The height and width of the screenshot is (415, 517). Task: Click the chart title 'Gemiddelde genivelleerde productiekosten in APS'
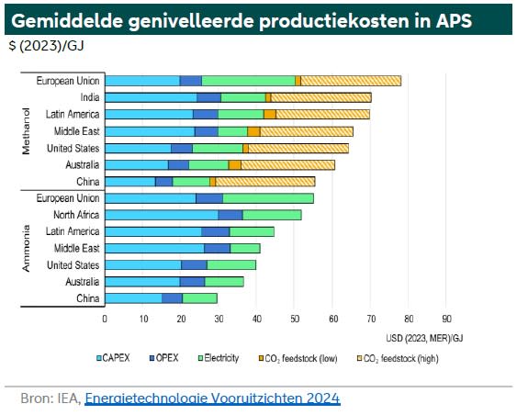click(x=242, y=21)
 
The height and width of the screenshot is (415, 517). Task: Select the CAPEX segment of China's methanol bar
click(x=130, y=182)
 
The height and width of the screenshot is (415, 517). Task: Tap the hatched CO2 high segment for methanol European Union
click(x=351, y=81)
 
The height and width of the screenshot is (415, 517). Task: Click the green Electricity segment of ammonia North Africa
click(x=272, y=215)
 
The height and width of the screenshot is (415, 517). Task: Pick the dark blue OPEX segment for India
click(x=208, y=97)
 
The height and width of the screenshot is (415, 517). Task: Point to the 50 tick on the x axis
click(x=295, y=319)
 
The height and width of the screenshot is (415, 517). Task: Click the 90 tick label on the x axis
click(x=446, y=319)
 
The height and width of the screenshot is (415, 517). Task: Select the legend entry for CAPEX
click(x=113, y=358)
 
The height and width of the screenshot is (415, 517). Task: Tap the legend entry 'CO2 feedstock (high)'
click(x=398, y=358)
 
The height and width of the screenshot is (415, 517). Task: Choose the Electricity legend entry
click(x=219, y=358)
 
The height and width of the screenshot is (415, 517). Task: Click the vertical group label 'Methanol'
click(x=26, y=131)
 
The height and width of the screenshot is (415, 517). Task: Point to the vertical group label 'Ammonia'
click(x=26, y=248)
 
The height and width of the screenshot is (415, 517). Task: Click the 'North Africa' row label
click(x=76, y=215)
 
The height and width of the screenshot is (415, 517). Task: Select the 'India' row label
click(x=90, y=97)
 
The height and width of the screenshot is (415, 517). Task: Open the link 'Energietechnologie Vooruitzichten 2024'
click(x=212, y=398)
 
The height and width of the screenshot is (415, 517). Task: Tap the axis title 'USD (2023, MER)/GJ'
click(x=424, y=338)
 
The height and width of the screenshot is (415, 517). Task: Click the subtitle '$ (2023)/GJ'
click(x=46, y=46)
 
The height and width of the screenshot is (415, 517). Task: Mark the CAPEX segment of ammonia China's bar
click(x=133, y=298)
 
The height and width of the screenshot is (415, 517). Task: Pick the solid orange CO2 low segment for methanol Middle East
click(x=253, y=131)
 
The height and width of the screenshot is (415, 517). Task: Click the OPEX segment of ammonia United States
click(x=194, y=265)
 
